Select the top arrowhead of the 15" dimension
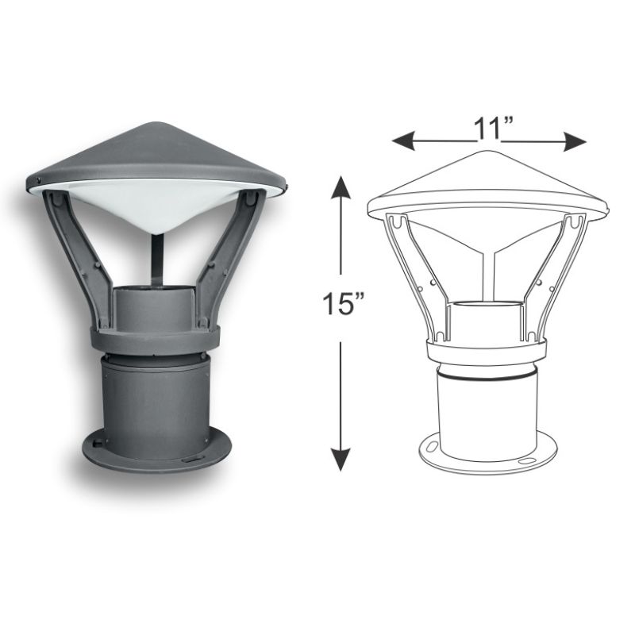pos(341,187)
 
